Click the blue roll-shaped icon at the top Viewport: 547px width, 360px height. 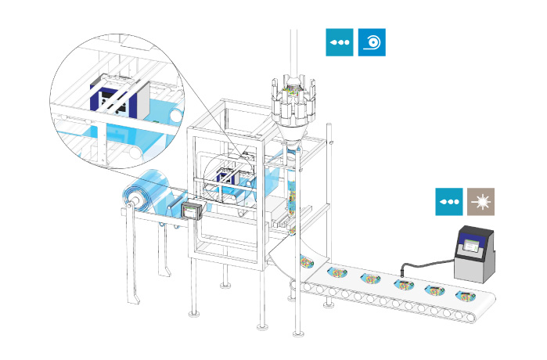[x=372, y=43]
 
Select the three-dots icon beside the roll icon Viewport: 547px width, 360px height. [x=340, y=43]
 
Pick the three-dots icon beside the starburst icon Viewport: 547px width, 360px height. [x=449, y=201]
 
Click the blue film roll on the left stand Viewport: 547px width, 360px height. [x=149, y=195]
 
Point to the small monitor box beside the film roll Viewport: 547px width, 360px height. [x=193, y=211]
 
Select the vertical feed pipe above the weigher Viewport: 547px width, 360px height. [x=295, y=47]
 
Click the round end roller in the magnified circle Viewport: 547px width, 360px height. [x=176, y=118]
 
